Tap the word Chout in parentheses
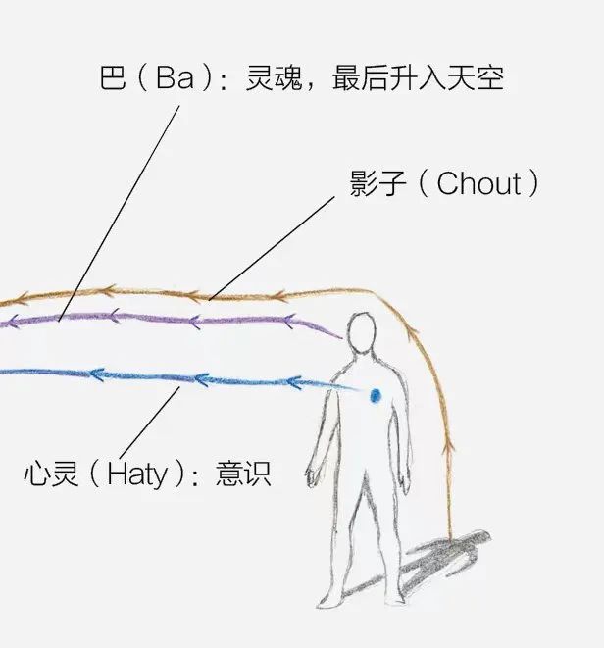(x=478, y=183)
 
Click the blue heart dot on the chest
(x=375, y=395)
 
